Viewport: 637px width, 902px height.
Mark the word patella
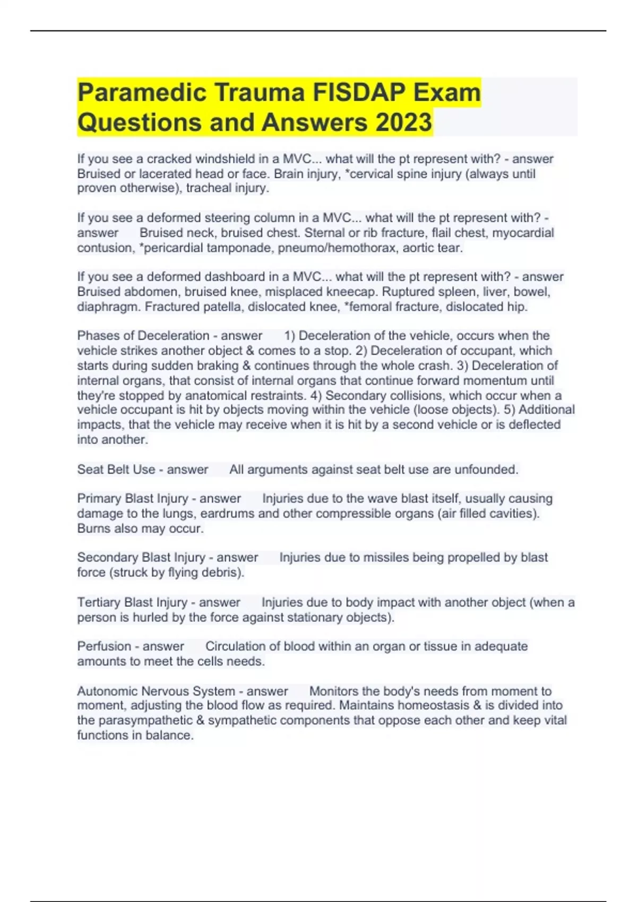pyautogui.click(x=222, y=307)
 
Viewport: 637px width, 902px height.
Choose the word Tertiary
pyautogui.click(x=98, y=602)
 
